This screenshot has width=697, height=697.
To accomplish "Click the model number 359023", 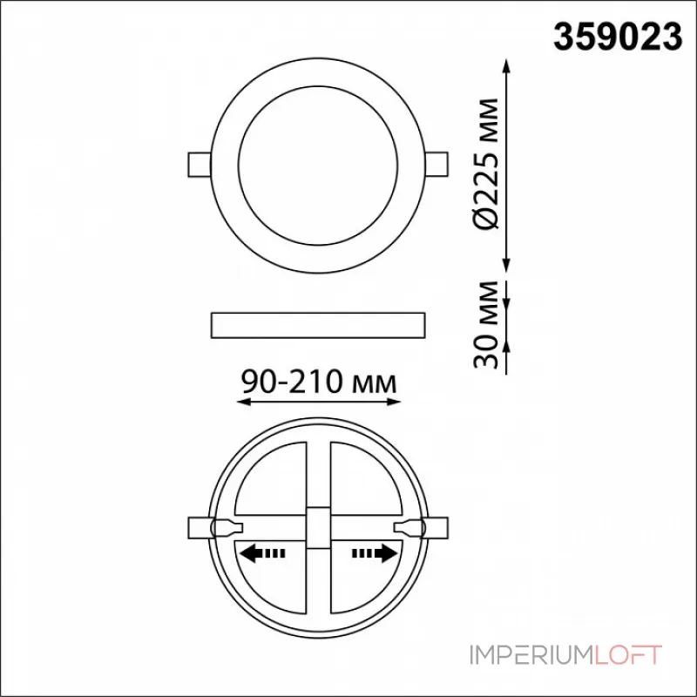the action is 618,37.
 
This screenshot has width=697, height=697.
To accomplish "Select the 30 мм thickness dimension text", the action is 484,324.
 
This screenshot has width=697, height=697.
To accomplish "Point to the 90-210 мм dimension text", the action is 318,382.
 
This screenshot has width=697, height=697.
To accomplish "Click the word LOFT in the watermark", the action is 627,655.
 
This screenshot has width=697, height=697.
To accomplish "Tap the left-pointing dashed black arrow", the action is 262,553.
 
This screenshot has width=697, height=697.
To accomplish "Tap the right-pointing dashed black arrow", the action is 375,553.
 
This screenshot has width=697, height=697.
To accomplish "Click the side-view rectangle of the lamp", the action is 318,325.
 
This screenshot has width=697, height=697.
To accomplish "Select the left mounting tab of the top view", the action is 200,165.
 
